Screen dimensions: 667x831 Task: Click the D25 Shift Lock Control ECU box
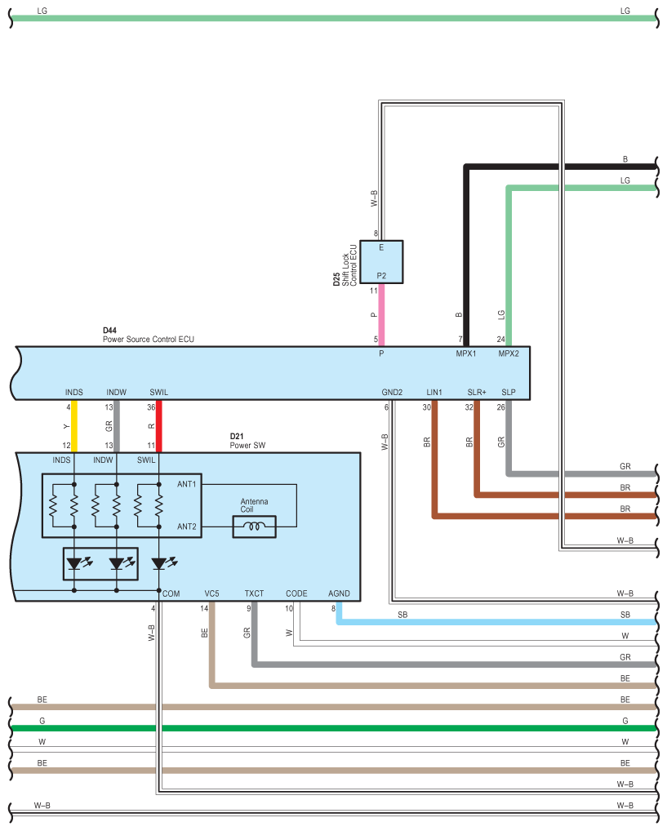click(381, 262)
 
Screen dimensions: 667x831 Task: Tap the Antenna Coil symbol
click(255, 527)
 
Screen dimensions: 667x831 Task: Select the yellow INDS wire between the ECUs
click(74, 426)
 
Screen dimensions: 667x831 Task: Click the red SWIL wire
click(158, 426)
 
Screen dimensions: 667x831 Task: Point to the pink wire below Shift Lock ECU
click(381, 315)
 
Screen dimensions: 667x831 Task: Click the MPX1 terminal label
click(466, 353)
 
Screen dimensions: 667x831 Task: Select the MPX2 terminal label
click(509, 353)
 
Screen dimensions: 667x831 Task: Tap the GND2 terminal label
click(392, 392)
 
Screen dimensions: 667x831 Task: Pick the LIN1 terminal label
click(434, 392)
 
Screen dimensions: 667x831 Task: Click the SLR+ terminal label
click(477, 392)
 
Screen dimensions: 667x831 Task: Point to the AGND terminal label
click(339, 593)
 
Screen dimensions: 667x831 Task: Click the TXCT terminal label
click(254, 593)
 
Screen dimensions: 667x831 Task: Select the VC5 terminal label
click(211, 593)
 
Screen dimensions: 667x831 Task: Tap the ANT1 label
click(187, 484)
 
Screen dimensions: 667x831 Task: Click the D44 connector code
click(109, 330)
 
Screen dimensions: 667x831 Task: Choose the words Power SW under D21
click(247, 445)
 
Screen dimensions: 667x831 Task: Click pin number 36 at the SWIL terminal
click(151, 407)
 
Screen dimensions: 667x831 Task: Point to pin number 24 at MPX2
click(501, 340)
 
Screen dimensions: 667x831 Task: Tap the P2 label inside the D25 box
click(381, 276)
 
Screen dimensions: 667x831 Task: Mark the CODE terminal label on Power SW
click(296, 593)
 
